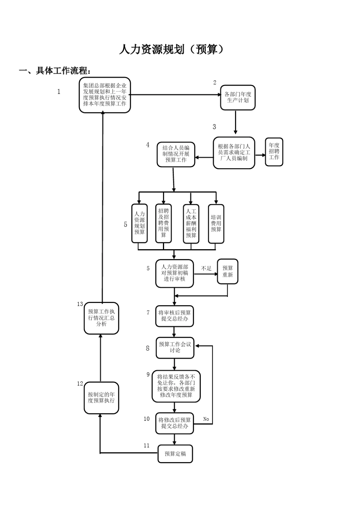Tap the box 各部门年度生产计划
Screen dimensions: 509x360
pos(238,97)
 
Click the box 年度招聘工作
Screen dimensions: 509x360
pos(274,151)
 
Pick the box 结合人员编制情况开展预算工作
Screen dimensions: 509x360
pos(176,154)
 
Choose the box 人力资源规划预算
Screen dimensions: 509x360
pos(139,223)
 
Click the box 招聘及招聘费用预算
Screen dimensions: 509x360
pos(164,223)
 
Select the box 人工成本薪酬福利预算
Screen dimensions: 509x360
pos(191,223)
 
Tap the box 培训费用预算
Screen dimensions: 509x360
pos(216,223)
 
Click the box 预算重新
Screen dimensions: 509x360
pos(227,272)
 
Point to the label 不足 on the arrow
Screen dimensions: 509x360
pos(206,269)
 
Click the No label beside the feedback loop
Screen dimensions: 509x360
pos(206,419)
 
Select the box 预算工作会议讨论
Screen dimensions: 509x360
pos(175,348)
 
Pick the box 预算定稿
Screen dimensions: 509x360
pos(175,454)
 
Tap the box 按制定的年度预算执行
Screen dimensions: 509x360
pos(101,397)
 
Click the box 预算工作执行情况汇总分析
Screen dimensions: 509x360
pos(101,318)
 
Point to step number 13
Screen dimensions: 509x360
pos(80,304)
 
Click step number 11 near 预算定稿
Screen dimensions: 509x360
pos(147,446)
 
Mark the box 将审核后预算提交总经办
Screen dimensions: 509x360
pos(174,316)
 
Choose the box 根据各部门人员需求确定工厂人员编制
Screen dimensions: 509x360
pos(234,153)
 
